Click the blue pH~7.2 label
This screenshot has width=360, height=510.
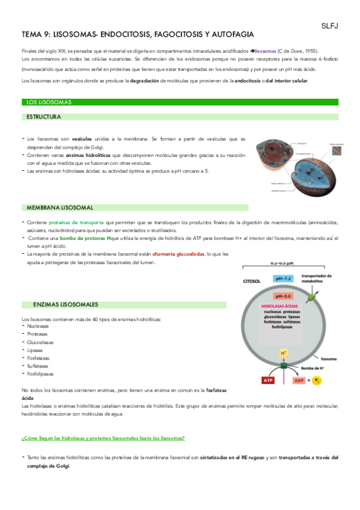pyautogui.click(x=284, y=279)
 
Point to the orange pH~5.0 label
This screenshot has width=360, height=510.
pyautogui.click(x=284, y=296)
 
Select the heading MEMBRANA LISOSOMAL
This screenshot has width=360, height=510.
pyautogui.click(x=60, y=207)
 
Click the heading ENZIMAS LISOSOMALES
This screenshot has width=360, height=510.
pyautogui.click(x=66, y=305)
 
